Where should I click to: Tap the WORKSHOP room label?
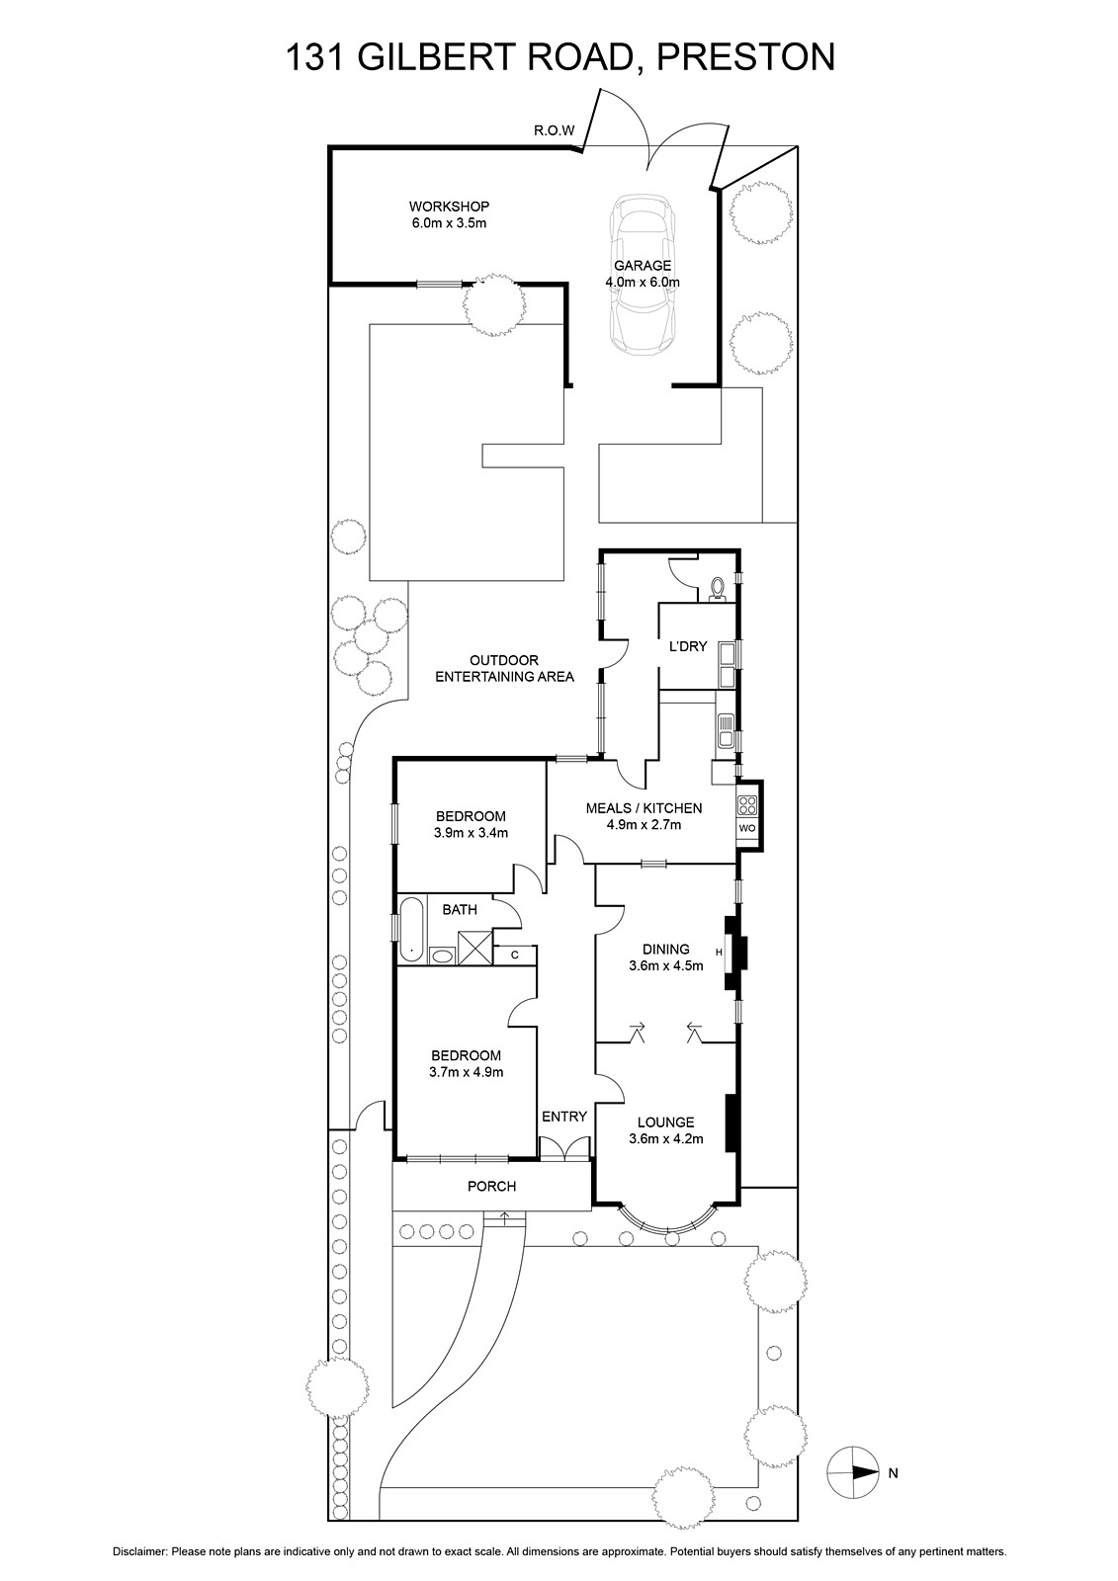(x=449, y=207)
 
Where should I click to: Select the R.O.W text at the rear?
(x=555, y=130)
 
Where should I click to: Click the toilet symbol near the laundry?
(x=718, y=588)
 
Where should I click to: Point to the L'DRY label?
(x=688, y=646)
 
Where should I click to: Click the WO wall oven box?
(x=746, y=827)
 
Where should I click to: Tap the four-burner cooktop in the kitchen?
(x=746, y=804)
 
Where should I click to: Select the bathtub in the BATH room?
(x=411, y=930)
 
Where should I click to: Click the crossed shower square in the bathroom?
(x=474, y=948)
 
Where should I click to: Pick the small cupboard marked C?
(x=514, y=955)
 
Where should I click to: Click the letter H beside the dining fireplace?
(x=719, y=953)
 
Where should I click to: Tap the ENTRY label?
(x=564, y=1117)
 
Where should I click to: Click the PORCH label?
(x=491, y=1187)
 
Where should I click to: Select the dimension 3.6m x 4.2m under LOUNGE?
(x=666, y=1138)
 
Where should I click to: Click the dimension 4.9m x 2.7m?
(x=645, y=824)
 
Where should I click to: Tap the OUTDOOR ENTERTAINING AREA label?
(x=504, y=668)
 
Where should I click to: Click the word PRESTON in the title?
(x=745, y=57)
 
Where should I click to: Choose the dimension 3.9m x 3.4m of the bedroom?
(x=471, y=832)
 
